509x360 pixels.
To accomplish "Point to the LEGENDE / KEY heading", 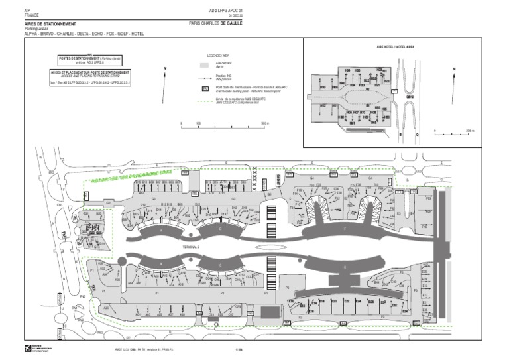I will coord(217,56).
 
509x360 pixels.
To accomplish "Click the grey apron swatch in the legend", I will coord(205,65).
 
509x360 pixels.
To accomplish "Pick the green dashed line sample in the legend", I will coord(205,100).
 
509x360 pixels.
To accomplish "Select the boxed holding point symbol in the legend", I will coord(205,88).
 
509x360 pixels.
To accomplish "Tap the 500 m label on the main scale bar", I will coord(265,123).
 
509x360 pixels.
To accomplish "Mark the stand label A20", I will coord(105,308).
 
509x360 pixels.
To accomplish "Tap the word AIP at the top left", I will coord(27,11).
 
